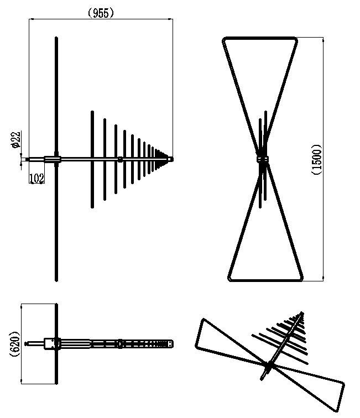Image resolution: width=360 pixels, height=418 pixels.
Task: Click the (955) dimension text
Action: point(101,13)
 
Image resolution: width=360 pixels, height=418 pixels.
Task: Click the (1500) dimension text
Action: point(316,159)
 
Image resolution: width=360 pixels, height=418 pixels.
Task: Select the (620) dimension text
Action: point(15,344)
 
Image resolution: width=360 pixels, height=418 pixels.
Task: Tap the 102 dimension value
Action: point(36,178)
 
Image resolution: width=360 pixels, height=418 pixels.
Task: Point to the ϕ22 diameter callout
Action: point(15,140)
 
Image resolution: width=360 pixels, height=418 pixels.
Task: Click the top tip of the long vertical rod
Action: point(56,38)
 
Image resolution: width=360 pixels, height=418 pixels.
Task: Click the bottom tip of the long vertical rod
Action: point(56,280)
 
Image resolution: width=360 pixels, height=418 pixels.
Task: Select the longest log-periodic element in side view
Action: point(92,159)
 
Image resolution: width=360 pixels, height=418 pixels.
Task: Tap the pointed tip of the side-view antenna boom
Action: point(172,159)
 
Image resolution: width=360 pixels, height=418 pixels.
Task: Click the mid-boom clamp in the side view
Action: point(120,159)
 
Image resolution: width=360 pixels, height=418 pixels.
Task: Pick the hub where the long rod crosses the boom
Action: point(56,159)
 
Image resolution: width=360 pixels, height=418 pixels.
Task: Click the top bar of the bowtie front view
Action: point(260,38)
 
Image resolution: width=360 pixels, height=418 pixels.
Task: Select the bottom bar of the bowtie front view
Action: point(265,279)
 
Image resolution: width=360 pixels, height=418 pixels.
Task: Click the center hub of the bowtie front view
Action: point(263,159)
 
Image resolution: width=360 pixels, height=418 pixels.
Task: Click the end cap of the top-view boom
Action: point(169,344)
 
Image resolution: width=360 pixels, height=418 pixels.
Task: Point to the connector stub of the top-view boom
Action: point(34,344)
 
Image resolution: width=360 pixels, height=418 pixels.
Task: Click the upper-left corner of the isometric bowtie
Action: point(204,320)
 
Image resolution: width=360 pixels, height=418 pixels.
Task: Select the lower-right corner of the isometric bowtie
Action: point(337,410)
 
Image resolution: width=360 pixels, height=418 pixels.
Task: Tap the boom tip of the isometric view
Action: point(302,312)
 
